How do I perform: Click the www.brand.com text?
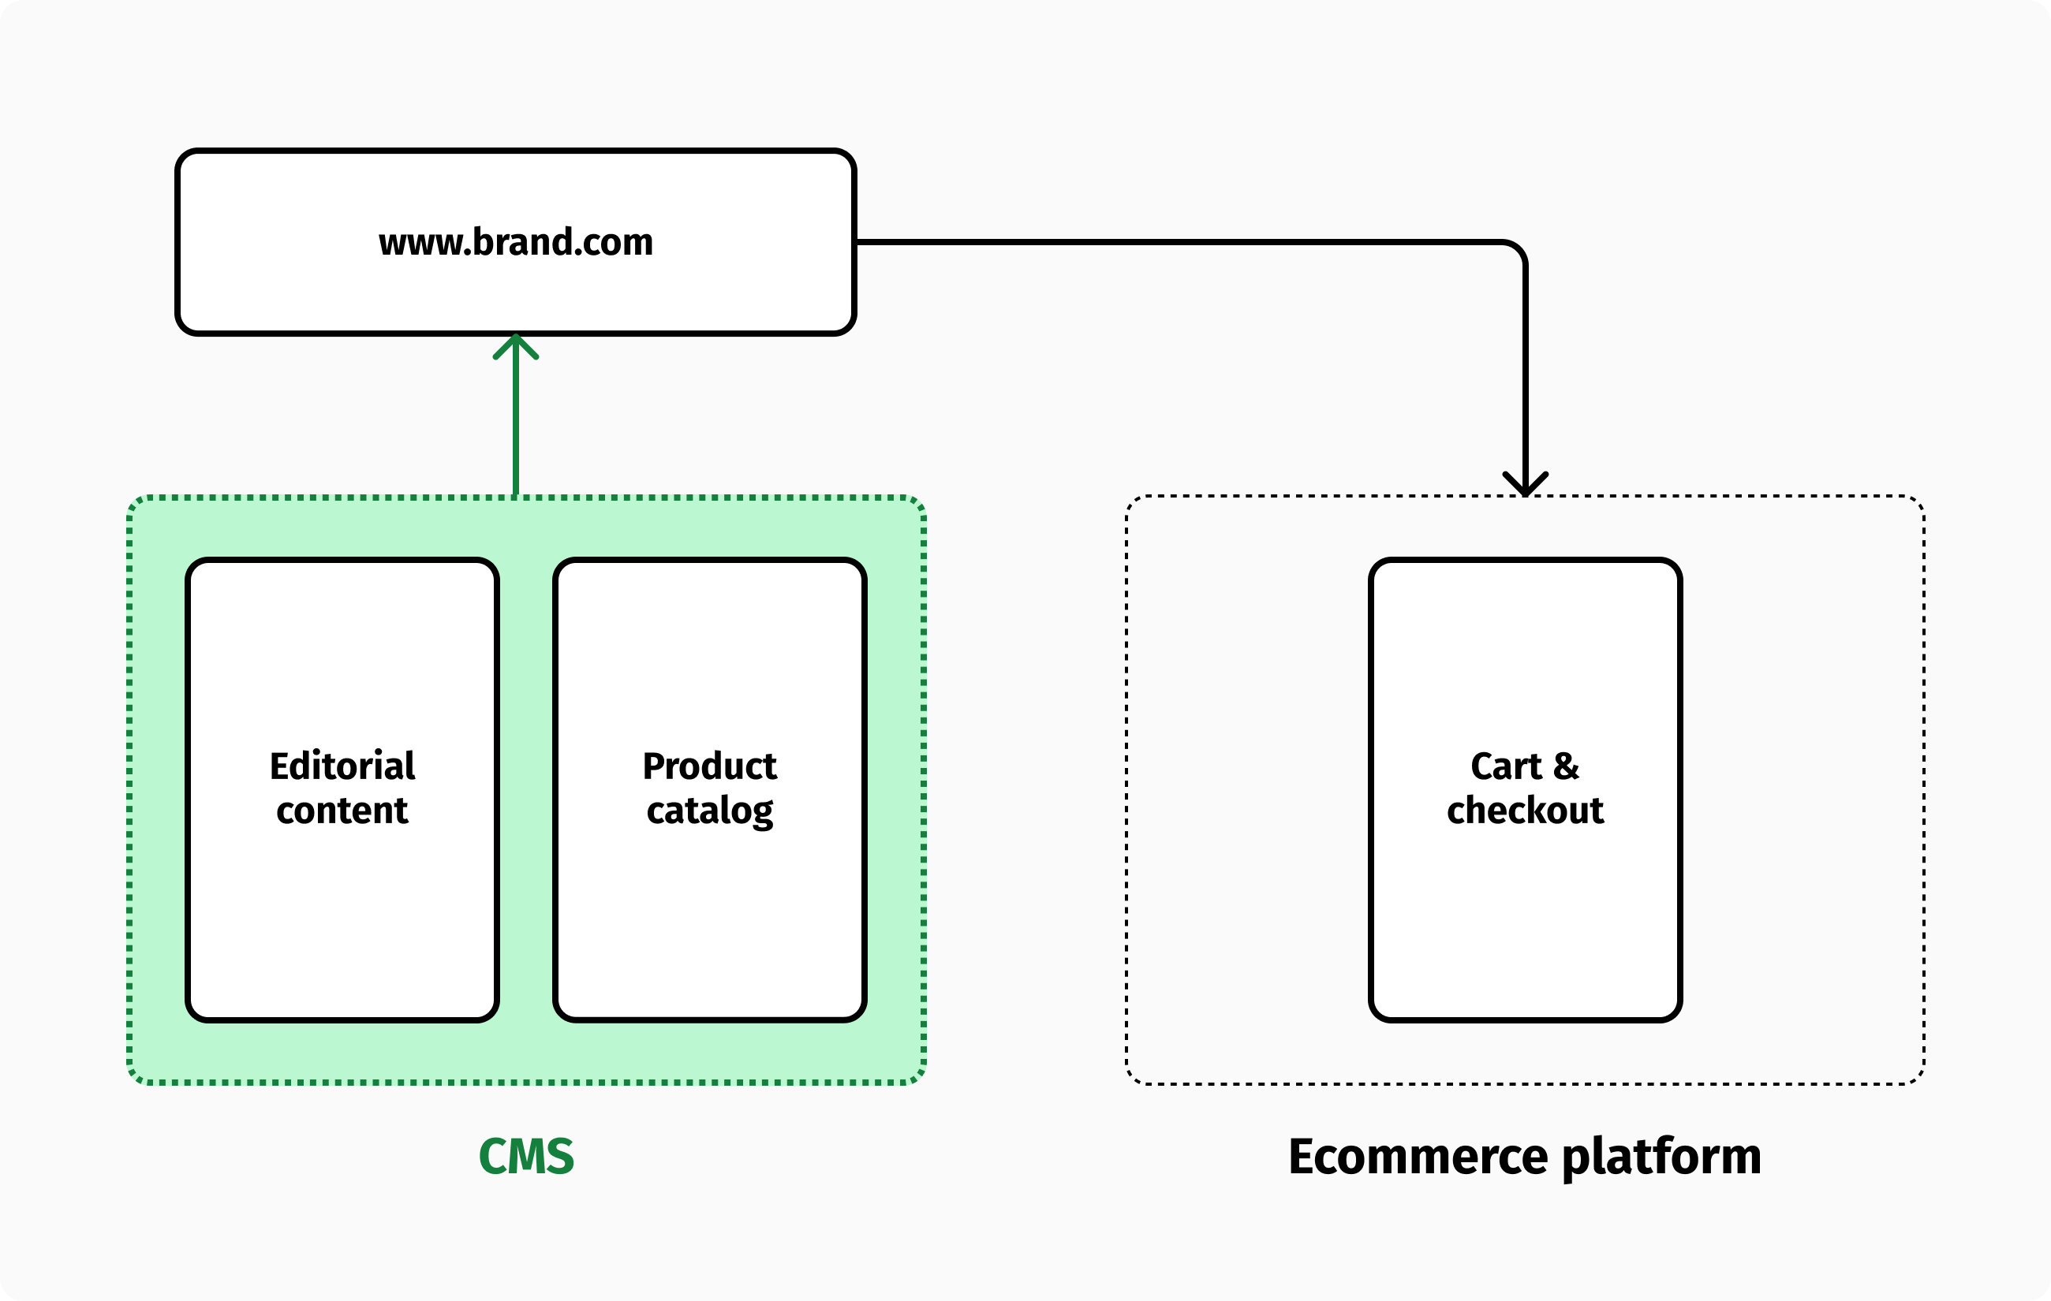tap(515, 243)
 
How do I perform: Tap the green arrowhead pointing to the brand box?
tap(515, 345)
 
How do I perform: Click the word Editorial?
tap(342, 766)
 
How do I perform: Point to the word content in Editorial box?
tap(342, 811)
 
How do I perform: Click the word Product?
tap(709, 766)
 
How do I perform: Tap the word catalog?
tap(709, 811)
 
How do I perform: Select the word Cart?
tap(1506, 766)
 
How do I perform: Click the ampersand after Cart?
tap(1566, 766)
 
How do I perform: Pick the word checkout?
tap(1525, 811)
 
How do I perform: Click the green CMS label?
tap(526, 1156)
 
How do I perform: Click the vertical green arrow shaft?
tap(515, 426)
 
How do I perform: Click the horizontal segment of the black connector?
tap(1175, 243)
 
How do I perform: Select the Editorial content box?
tap(342, 919)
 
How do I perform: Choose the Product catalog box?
tap(709, 919)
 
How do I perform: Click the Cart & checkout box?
tap(1525, 919)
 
